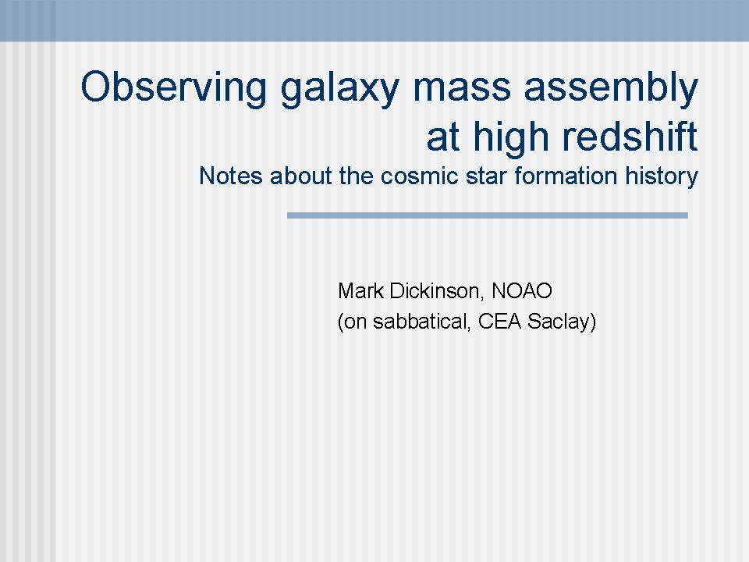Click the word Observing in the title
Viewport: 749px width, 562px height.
173,87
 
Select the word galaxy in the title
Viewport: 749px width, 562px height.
339,91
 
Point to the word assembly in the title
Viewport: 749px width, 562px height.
611,89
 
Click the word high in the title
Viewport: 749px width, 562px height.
510,138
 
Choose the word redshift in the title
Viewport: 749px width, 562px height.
630,136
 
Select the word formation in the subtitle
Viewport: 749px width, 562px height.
566,176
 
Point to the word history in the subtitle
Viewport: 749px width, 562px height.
662,177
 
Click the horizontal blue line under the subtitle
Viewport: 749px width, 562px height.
487,215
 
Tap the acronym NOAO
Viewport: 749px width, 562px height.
522,290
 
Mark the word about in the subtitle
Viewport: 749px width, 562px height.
300,176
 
